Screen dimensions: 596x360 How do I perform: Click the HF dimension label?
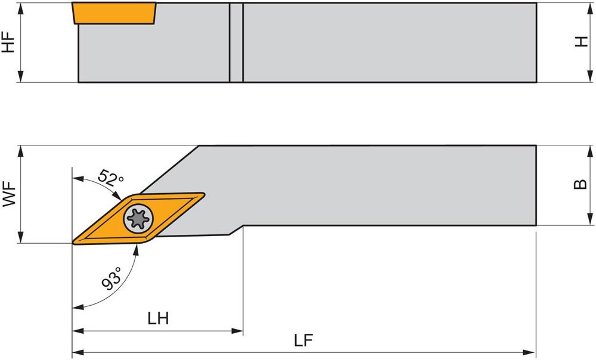pyautogui.click(x=8, y=42)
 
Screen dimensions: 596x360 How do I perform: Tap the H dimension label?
pyautogui.click(x=581, y=42)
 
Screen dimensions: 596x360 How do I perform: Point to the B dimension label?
pyautogui.click(x=580, y=184)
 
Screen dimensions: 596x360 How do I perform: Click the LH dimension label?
pyautogui.click(x=158, y=318)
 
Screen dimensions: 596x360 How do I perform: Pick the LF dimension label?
pyautogui.click(x=303, y=340)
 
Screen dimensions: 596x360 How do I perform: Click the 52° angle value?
pyautogui.click(x=110, y=178)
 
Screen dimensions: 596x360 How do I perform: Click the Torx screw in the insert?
pyautogui.click(x=138, y=219)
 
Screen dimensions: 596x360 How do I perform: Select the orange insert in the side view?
pyautogui.click(x=114, y=13)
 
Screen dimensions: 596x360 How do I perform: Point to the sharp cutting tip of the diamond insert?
pyautogui.click(x=73, y=242)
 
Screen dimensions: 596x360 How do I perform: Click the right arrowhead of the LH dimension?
pyautogui.click(x=238, y=331)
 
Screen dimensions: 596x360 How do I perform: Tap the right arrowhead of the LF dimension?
pyautogui.click(x=530, y=353)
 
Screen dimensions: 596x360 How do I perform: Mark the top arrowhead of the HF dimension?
pyautogui.click(x=21, y=9)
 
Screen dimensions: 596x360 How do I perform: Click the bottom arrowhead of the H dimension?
pyautogui.click(x=590, y=76)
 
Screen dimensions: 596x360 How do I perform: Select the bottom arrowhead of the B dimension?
pyautogui.click(x=590, y=219)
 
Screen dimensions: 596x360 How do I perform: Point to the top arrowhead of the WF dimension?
pyautogui.click(x=21, y=151)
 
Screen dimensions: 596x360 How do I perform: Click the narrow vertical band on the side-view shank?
pyautogui.click(x=236, y=42)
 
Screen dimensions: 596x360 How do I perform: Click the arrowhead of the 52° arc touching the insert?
pyautogui.click(x=116, y=195)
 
